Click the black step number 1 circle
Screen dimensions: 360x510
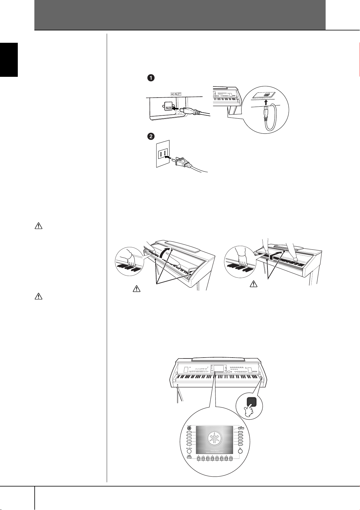tap(151, 78)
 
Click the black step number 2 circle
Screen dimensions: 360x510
tap(151, 136)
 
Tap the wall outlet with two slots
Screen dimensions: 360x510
tap(163, 154)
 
